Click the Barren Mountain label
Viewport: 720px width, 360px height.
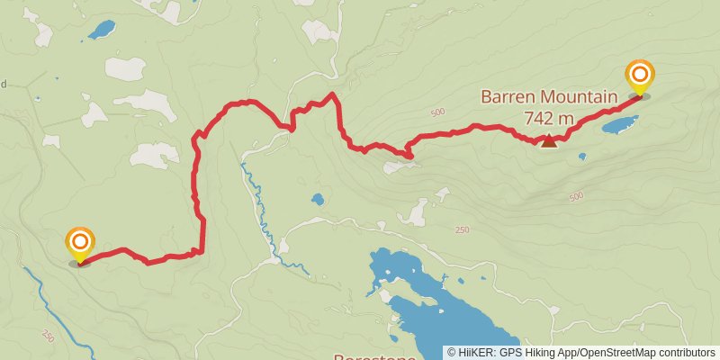click(x=548, y=96)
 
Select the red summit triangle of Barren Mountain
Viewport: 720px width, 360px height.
click(x=549, y=139)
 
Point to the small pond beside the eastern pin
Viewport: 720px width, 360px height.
click(x=619, y=123)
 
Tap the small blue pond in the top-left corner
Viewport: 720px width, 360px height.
click(x=100, y=31)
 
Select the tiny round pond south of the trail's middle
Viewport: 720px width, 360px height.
click(x=317, y=199)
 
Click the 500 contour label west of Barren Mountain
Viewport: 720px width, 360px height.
click(x=438, y=112)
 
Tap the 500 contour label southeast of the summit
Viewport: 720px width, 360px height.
click(x=576, y=196)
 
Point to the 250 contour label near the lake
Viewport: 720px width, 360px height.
click(x=462, y=230)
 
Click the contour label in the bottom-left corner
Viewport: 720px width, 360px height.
click(x=48, y=335)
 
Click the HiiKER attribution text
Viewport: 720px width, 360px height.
click(x=580, y=353)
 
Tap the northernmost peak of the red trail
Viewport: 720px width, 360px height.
click(x=333, y=94)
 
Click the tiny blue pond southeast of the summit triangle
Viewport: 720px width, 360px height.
click(x=582, y=157)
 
